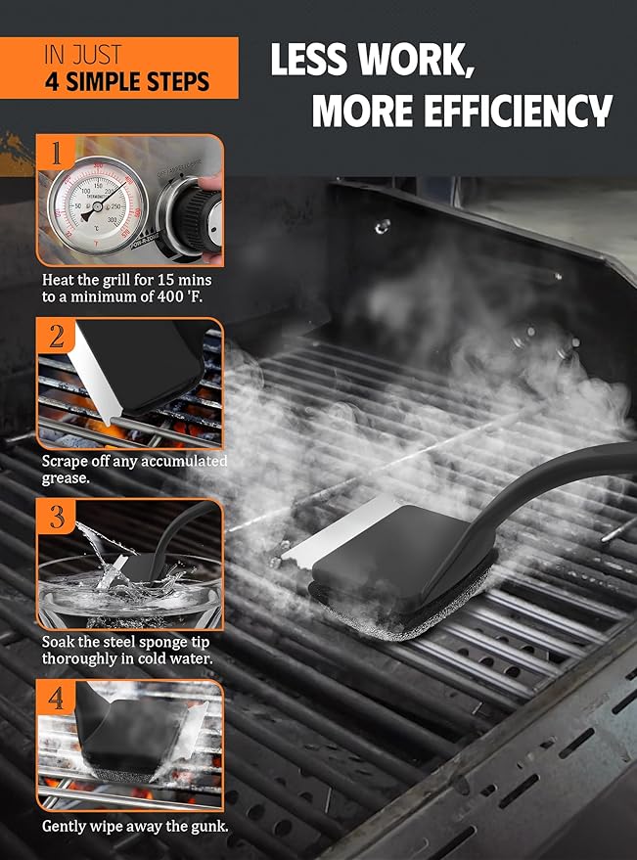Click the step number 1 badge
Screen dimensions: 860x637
[56, 153]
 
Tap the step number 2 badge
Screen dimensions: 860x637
[56, 337]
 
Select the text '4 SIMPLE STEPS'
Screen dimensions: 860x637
[127, 81]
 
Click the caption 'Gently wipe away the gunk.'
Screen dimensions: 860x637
[135, 826]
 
